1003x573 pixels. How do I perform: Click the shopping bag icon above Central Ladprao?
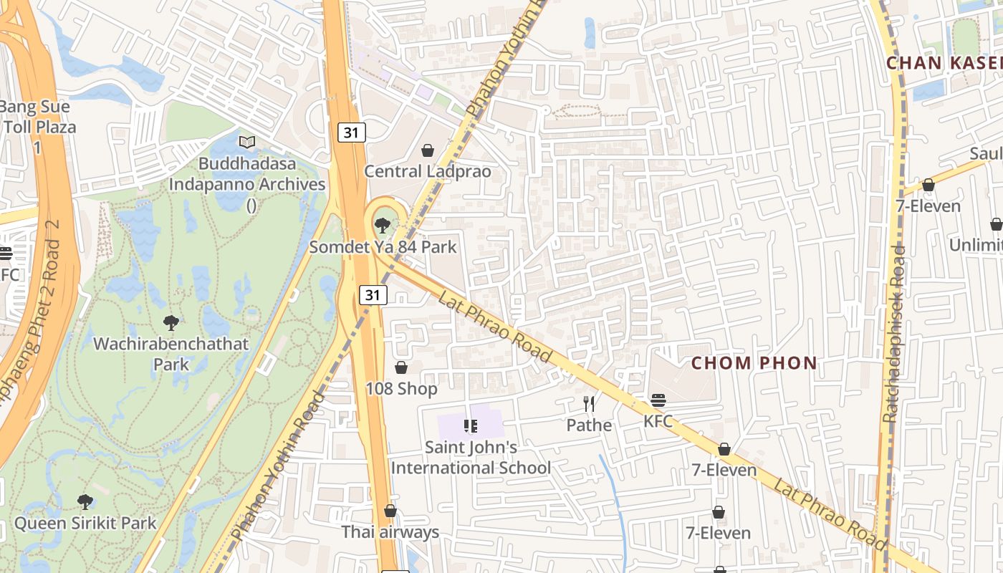coord(428,150)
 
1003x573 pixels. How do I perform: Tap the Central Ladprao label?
coord(428,171)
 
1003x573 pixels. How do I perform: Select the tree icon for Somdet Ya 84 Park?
coord(383,226)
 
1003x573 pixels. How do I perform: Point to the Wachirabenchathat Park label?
coord(171,354)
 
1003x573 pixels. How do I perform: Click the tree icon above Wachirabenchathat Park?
coord(171,322)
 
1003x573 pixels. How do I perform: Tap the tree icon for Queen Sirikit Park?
coord(85,501)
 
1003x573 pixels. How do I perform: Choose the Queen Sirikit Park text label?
coord(85,523)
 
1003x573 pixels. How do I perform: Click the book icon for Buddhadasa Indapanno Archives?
coord(247,143)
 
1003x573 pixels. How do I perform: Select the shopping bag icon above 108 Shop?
coord(401,367)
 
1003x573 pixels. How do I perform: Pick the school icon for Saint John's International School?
coord(471,426)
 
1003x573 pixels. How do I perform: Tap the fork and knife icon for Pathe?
coord(589,404)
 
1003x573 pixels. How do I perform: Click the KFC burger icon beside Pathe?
coord(658,400)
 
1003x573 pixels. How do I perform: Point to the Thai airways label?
coord(390,532)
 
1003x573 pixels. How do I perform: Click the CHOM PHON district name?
coord(754,363)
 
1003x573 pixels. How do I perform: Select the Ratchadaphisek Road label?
coord(894,333)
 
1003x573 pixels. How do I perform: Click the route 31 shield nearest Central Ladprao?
coord(352,132)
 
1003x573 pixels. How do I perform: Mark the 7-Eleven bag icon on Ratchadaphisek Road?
coord(928,185)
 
